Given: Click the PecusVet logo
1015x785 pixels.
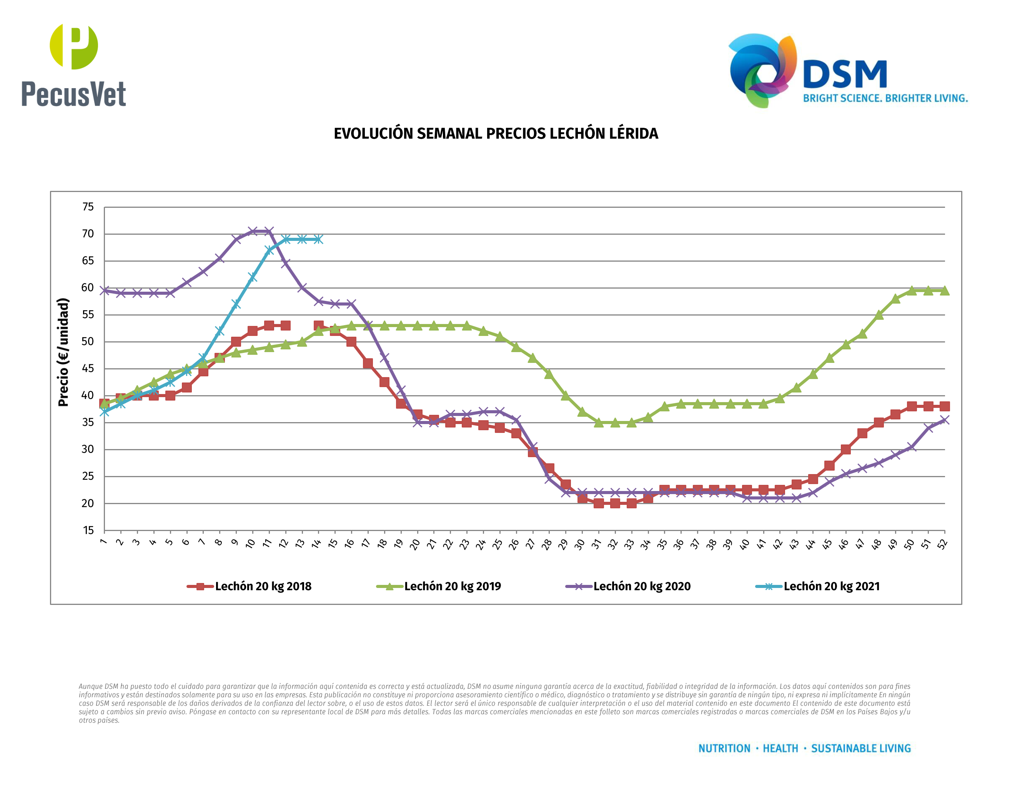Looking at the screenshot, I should [73, 65].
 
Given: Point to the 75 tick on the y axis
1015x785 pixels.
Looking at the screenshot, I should [88, 207].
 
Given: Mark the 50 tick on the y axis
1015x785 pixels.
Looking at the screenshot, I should [88, 342].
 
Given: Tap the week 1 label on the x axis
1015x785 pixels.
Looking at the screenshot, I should [103, 542].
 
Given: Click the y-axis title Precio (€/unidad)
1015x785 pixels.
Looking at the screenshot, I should [63, 352].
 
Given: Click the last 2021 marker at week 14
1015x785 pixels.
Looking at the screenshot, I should [318, 239].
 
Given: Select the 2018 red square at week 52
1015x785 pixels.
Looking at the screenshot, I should [944, 406].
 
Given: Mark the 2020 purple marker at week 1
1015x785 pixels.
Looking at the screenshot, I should [105, 291].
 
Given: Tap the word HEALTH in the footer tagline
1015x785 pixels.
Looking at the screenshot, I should [780, 748].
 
